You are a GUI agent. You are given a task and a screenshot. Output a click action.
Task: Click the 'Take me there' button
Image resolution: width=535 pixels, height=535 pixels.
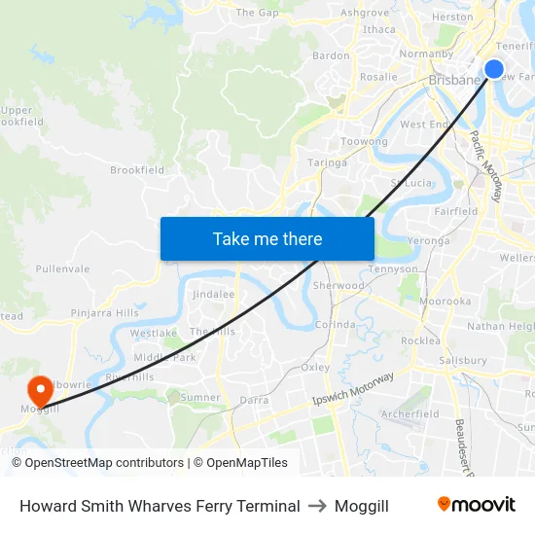tap(267, 238)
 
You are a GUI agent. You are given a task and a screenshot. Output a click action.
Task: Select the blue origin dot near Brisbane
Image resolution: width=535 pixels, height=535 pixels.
tap(494, 69)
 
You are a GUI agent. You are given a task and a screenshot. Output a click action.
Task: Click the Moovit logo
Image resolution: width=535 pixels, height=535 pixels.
tap(477, 505)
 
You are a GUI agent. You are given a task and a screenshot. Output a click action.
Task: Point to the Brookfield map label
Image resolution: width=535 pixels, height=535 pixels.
tap(137, 170)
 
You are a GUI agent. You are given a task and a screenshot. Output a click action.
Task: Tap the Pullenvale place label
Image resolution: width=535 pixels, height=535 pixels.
tap(62, 268)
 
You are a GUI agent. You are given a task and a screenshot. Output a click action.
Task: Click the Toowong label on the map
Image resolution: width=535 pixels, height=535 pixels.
tap(364, 142)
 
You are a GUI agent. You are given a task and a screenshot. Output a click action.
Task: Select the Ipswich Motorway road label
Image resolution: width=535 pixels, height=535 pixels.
tap(353, 388)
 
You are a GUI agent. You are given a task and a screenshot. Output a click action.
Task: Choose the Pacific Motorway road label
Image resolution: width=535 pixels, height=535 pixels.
tap(486, 165)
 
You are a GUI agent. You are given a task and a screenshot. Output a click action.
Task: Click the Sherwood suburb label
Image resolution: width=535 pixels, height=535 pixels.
tap(339, 286)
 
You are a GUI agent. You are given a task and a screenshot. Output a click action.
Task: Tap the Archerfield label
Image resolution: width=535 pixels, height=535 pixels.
tap(410, 413)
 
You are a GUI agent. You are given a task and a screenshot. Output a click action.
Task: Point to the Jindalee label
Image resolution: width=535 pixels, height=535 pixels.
tap(214, 294)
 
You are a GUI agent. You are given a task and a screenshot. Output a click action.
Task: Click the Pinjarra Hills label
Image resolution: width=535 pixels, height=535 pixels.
tap(105, 313)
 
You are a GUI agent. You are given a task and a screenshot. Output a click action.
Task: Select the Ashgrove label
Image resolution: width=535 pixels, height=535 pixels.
tap(365, 14)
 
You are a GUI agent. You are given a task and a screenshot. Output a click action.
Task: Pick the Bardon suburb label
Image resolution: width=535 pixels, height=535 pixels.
tap(331, 55)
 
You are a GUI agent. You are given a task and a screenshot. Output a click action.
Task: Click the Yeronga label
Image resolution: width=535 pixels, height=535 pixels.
tap(429, 240)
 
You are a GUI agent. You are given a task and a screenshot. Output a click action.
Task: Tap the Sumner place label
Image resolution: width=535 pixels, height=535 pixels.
tap(200, 397)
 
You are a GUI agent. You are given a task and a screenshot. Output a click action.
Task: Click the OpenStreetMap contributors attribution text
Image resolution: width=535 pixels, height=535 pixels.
tap(104, 463)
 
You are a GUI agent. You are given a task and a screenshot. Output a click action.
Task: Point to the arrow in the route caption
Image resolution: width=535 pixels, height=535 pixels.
tap(317, 506)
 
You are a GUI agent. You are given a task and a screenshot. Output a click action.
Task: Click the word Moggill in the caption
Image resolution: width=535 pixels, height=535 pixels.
tap(362, 506)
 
